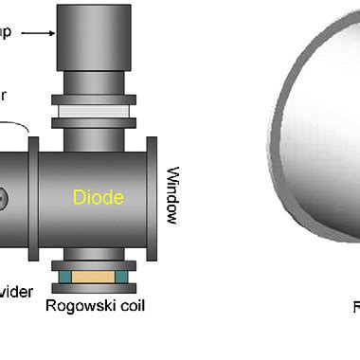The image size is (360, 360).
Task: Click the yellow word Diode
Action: (x=98, y=198)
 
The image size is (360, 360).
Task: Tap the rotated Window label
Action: (x=172, y=196)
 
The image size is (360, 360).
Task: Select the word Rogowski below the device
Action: (x=79, y=305)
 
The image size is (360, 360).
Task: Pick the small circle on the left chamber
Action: (x=3, y=199)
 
